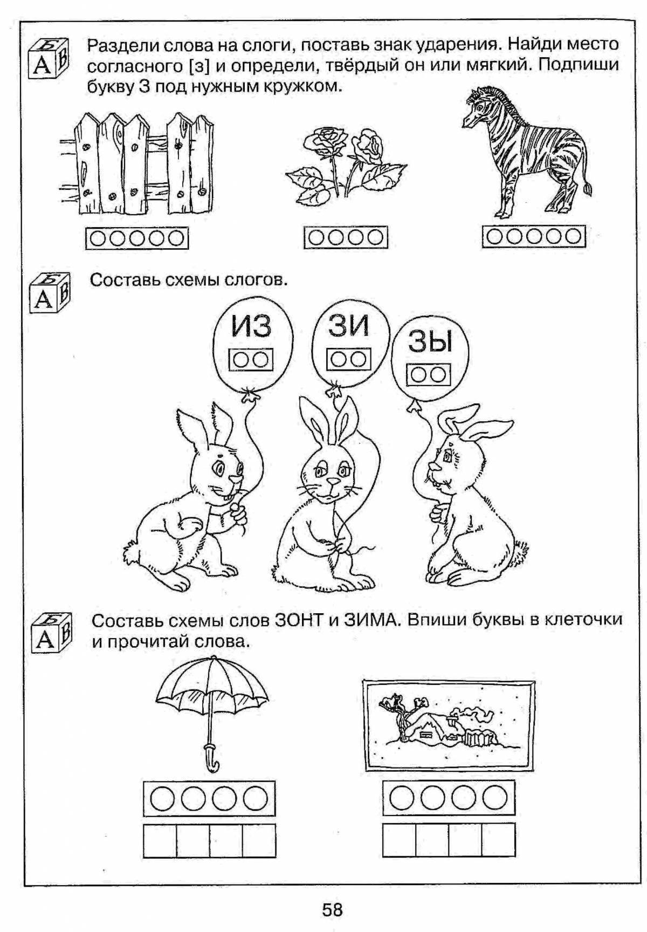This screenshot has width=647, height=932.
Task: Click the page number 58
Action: click(332, 910)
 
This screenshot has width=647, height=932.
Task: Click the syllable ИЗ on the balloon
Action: click(251, 326)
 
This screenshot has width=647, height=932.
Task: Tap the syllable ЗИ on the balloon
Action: click(349, 325)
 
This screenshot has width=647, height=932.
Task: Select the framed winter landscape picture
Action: click(449, 724)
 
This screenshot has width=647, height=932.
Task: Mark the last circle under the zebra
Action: click(574, 236)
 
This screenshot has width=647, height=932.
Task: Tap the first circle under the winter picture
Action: click(402, 797)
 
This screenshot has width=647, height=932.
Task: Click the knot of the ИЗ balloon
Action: click(249, 396)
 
